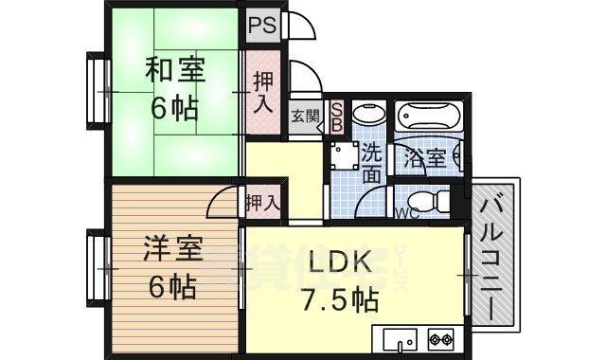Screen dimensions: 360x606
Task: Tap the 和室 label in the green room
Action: coord(174,70)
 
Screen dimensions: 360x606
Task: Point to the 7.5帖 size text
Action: coord(340,301)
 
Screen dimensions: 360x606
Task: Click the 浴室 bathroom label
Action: coord(424,157)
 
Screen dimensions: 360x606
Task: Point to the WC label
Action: coord(407,213)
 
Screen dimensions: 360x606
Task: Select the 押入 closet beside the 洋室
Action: coord(262,202)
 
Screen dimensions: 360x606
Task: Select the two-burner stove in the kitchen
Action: coord(440,337)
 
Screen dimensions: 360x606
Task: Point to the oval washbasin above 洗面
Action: coord(365,117)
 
